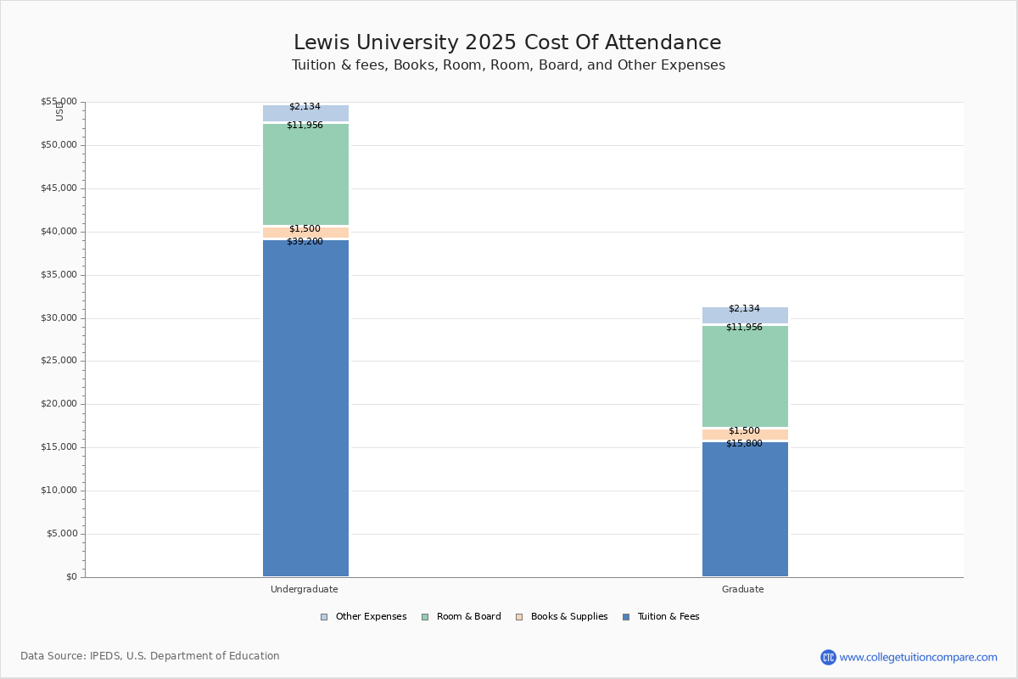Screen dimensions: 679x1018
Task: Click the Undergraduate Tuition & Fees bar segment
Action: tap(305, 407)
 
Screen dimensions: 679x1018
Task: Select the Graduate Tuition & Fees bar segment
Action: tap(745, 509)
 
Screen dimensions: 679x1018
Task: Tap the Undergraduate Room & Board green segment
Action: tap(305, 174)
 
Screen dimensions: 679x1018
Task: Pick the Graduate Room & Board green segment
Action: tap(745, 376)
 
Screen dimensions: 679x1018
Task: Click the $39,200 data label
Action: tap(305, 242)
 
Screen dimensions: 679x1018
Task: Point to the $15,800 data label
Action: tap(744, 444)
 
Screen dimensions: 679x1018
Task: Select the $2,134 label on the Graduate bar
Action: tap(744, 309)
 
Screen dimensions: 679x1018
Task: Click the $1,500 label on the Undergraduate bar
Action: tap(305, 229)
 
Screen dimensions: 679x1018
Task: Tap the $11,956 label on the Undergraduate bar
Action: tap(305, 126)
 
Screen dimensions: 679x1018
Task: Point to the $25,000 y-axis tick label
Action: tap(59, 361)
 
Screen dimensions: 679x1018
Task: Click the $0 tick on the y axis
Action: tap(70, 577)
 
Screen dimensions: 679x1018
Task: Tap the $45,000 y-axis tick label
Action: tap(59, 188)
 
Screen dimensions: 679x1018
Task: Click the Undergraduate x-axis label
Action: tap(305, 590)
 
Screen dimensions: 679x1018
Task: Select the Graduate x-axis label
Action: tap(743, 590)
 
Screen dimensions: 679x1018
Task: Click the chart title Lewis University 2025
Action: tap(507, 43)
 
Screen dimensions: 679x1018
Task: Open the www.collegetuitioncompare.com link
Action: tap(918, 657)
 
